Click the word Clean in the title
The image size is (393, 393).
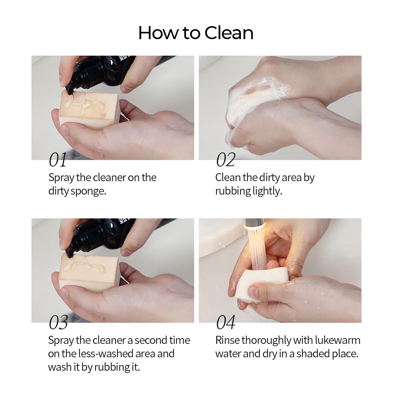229,33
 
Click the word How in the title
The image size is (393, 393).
158,33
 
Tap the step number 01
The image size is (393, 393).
58,160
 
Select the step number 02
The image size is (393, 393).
226,160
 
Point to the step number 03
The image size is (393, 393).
58,322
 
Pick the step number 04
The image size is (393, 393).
226,322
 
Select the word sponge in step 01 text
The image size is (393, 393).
88,192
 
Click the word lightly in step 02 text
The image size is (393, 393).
267,192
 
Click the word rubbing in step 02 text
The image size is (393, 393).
233,192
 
